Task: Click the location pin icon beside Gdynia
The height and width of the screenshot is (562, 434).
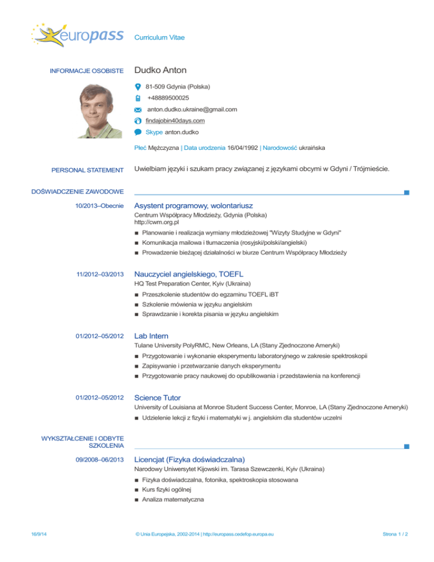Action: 139,87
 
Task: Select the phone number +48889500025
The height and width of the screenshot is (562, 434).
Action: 168,98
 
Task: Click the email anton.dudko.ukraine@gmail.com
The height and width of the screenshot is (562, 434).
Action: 192,110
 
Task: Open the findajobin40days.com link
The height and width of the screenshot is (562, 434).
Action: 175,121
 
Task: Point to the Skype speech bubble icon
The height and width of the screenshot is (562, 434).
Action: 138,132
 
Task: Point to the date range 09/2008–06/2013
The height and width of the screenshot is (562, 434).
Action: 99,459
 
